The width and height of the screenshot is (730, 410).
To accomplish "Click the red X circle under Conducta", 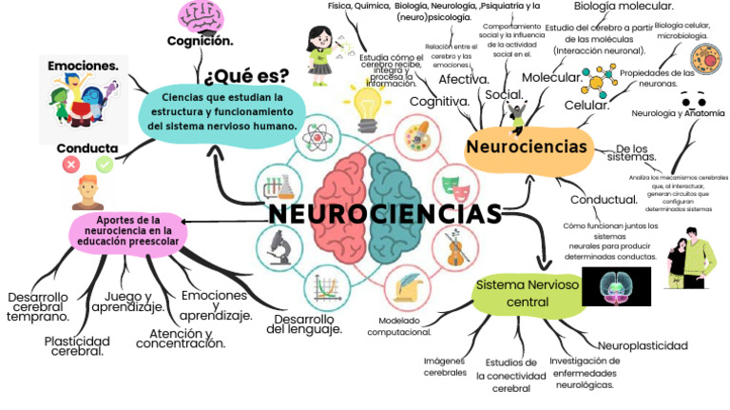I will [x=70, y=165].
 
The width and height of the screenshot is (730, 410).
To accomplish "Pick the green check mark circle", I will [x=105, y=165].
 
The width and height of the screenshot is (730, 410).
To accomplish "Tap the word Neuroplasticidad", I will [x=642, y=343].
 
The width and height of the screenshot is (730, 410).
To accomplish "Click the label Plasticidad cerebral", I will [x=77, y=346].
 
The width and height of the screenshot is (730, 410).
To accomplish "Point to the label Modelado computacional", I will [x=398, y=326].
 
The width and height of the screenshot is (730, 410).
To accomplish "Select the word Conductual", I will [x=604, y=200].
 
